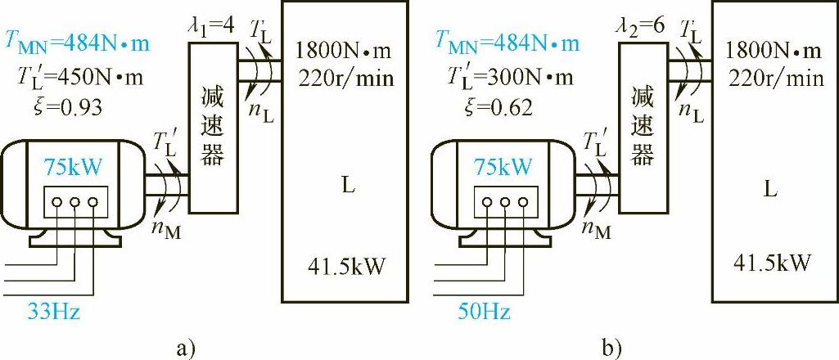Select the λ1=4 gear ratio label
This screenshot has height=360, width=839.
tap(212, 25)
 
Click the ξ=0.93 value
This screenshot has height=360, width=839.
tap(56, 107)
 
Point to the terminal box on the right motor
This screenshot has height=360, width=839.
tap(503, 201)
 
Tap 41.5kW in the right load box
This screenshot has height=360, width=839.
tap(773, 263)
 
